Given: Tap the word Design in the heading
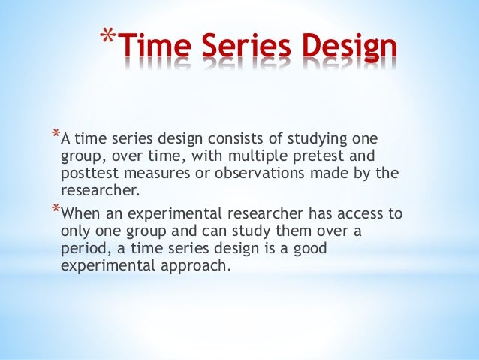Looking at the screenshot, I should [x=350, y=49].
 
